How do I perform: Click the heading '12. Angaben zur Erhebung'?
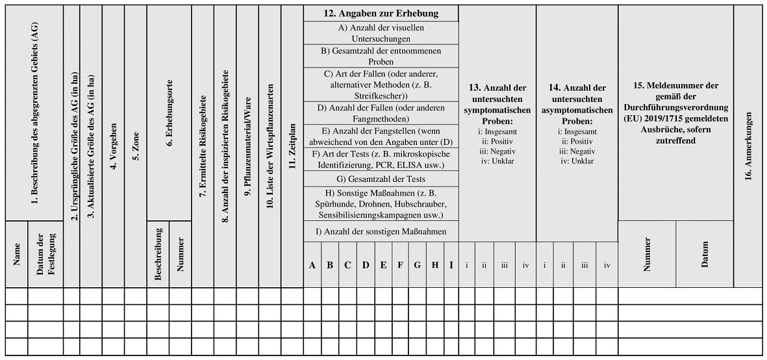(381, 13)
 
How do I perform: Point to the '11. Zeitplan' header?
(292, 147)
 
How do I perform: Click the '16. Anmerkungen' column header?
(748, 146)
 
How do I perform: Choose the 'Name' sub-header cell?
(17, 254)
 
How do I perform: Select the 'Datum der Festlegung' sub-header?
(45, 254)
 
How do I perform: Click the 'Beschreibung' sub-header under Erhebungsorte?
(158, 255)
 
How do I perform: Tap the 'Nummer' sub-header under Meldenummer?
(647, 254)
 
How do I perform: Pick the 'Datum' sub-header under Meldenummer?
(705, 254)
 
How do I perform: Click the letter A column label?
(312, 265)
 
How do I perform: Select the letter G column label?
(417, 265)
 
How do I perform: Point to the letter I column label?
(451, 265)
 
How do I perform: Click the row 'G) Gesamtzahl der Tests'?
(381, 179)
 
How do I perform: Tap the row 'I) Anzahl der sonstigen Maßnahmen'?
(381, 231)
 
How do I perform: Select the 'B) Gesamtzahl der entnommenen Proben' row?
(381, 55)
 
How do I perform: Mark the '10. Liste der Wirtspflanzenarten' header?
(270, 146)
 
